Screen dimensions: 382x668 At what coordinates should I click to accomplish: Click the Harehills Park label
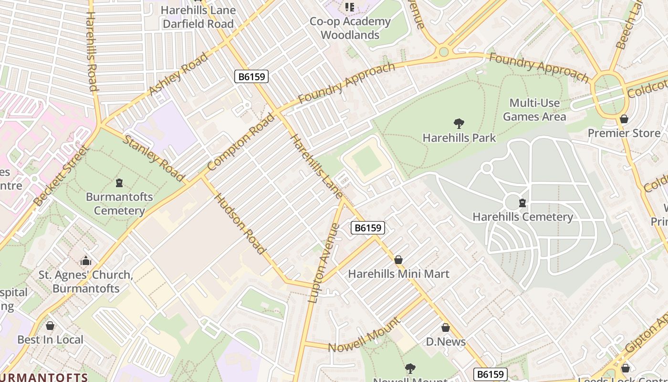coord(459,138)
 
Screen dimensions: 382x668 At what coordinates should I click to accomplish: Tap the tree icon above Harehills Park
coord(459,124)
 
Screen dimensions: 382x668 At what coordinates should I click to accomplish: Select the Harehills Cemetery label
coord(522,217)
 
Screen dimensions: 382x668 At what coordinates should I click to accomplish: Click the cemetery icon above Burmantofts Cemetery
coord(119,183)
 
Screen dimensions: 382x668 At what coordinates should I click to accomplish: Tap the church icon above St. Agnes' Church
coord(86,261)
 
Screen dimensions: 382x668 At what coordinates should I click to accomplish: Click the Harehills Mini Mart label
coord(398,274)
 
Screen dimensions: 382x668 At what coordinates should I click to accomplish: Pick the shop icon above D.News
coord(445,328)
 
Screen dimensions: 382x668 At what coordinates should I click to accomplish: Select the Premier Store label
coord(624,133)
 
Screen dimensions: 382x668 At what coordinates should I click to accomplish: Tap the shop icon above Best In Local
coord(50,326)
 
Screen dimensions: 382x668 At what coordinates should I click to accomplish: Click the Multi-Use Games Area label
coord(534,110)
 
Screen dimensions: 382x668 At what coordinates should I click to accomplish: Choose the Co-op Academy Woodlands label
coord(350,28)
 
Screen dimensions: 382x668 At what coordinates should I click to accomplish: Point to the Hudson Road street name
coord(240,223)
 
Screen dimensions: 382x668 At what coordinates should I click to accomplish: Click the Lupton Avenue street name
coord(324,263)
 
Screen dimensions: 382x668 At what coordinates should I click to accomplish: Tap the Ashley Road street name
coord(178,74)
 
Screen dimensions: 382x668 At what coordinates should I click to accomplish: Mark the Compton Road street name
coord(241,142)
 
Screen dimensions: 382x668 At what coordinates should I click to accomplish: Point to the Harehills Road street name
coord(92,51)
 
